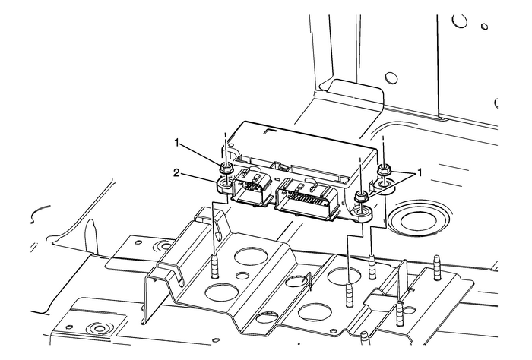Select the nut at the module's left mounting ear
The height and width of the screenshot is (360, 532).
point(226,169)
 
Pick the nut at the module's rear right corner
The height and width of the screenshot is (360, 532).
point(384,169)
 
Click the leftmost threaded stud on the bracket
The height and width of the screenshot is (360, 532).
point(215,267)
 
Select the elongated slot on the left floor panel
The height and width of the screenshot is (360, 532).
point(92,235)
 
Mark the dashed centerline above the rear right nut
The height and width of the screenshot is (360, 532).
point(383,148)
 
